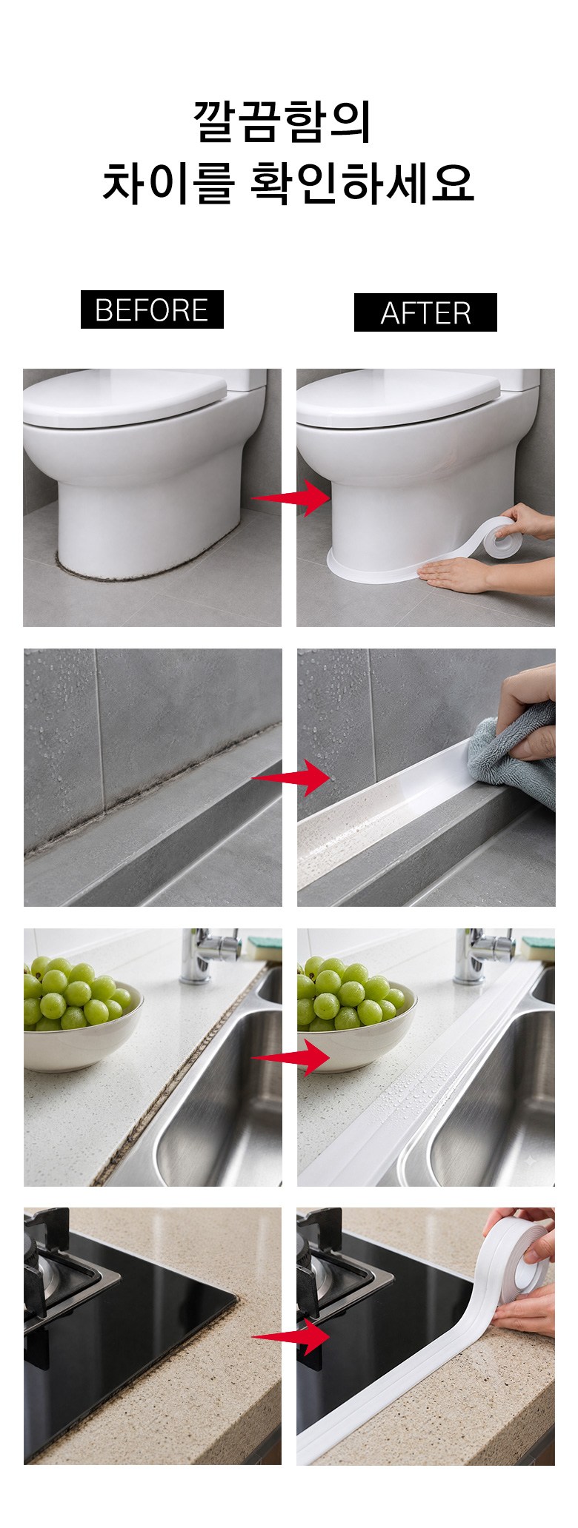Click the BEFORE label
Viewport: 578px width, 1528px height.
click(x=152, y=309)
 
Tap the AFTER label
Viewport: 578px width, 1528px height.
click(x=425, y=312)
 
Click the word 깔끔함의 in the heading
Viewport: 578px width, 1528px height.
click(x=282, y=121)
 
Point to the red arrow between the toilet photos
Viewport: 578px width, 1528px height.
click(x=290, y=497)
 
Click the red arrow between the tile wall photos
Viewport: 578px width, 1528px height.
click(x=290, y=777)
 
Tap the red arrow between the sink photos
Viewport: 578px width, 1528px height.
click(x=290, y=1058)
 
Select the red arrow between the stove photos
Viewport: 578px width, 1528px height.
click(x=290, y=1336)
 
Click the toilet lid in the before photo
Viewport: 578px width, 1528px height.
click(x=126, y=396)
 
